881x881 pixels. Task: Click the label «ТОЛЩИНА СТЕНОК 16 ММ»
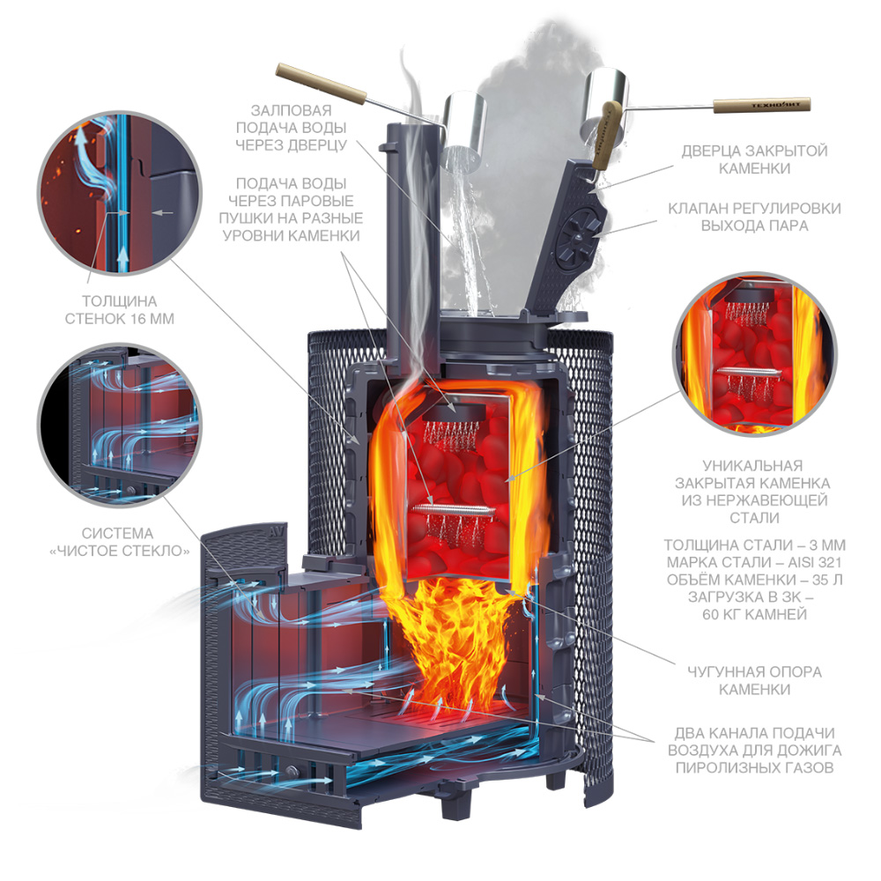pyautogui.click(x=120, y=310)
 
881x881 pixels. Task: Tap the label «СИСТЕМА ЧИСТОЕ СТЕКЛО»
pyautogui.click(x=119, y=542)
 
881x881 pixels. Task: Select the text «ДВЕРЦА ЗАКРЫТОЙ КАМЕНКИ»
pyautogui.click(x=755, y=159)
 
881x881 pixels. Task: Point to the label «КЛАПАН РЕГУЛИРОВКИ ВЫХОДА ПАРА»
pyautogui.click(x=755, y=217)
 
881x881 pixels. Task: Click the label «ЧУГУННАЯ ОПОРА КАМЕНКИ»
pyautogui.click(x=755, y=680)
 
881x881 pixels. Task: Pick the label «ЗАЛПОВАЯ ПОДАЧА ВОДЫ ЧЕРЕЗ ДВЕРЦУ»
pyautogui.click(x=291, y=128)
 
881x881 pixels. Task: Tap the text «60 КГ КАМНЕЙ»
pyautogui.click(x=755, y=615)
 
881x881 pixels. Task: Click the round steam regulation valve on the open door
pyautogui.click(x=578, y=234)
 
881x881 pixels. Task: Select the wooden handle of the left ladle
pyautogui.click(x=321, y=85)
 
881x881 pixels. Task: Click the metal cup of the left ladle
pyautogui.click(x=464, y=132)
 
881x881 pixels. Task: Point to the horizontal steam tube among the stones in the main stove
pyautogui.click(x=454, y=509)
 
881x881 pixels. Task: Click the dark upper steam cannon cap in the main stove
pyautogui.click(x=454, y=412)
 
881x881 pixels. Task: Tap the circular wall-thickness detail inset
pyautogui.click(x=119, y=193)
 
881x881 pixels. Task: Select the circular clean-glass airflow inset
pyautogui.click(x=119, y=426)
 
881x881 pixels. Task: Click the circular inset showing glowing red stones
pyautogui.click(x=755, y=355)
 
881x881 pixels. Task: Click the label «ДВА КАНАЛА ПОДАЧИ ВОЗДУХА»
pyautogui.click(x=755, y=742)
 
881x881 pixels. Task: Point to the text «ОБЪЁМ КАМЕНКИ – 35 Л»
pyautogui.click(x=755, y=580)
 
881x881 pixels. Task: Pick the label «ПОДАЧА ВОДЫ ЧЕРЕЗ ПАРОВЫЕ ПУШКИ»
pyautogui.click(x=291, y=210)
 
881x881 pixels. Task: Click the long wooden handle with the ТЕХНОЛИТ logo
pyautogui.click(x=762, y=105)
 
